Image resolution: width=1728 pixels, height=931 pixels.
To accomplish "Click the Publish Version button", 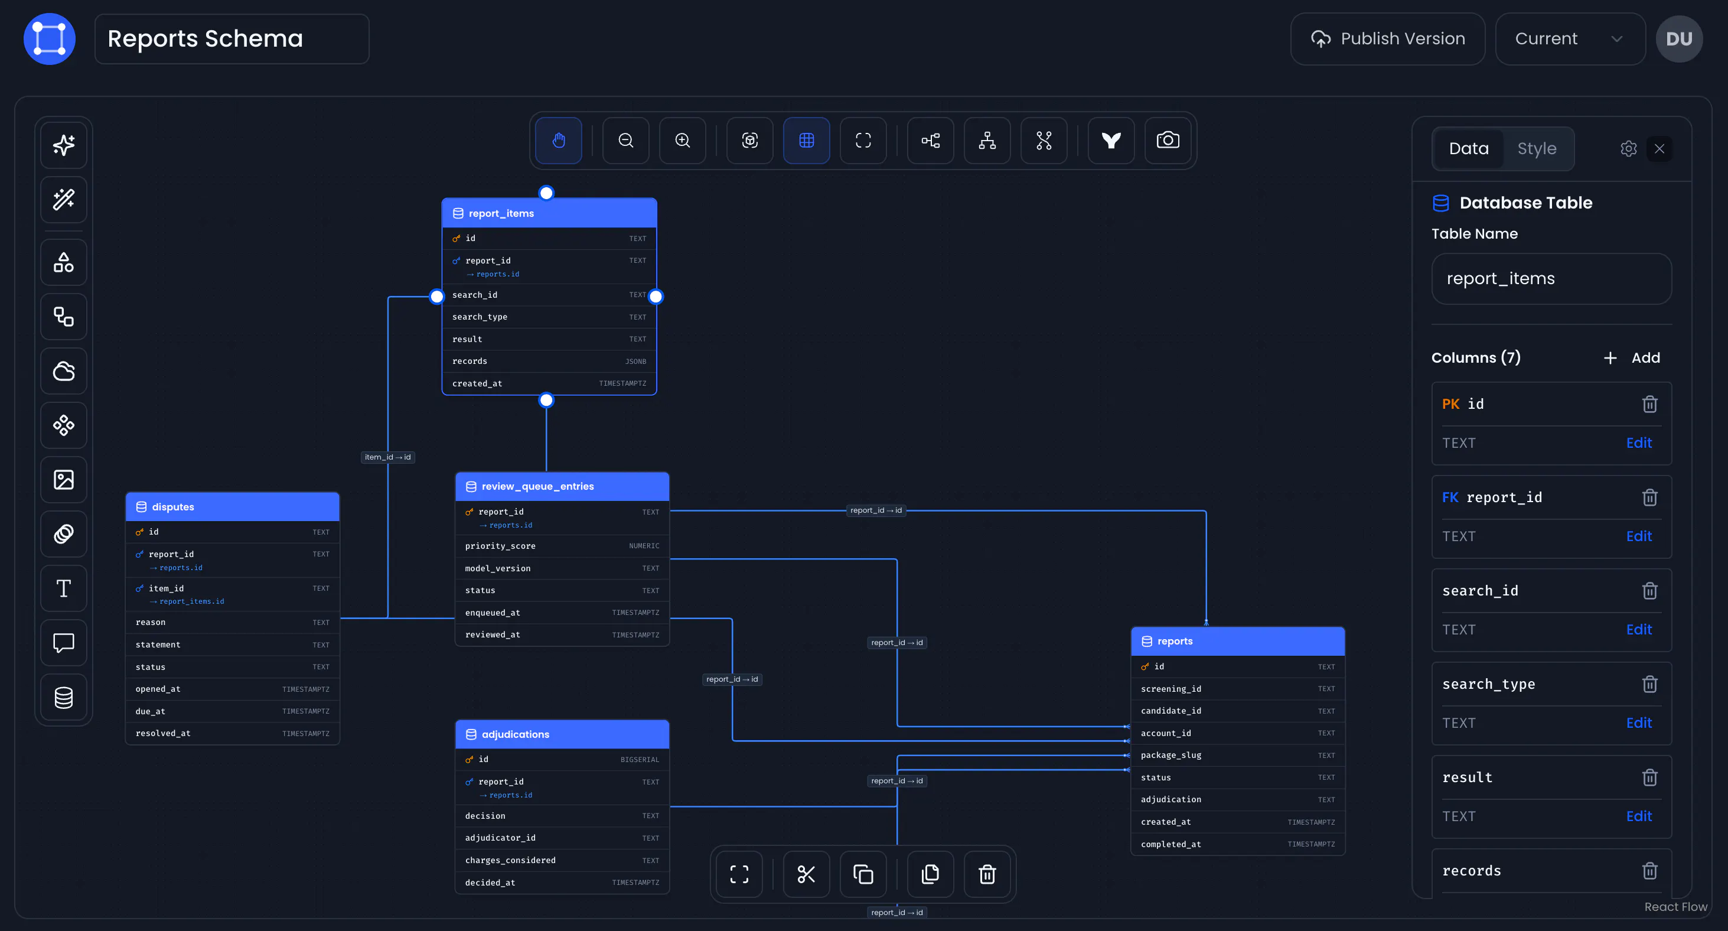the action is (x=1387, y=39).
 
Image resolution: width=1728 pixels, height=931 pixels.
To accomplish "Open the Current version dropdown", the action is (x=1570, y=39).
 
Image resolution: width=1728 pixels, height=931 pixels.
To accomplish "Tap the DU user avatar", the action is (x=1679, y=39).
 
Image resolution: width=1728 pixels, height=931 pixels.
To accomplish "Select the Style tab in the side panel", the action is (x=1537, y=148).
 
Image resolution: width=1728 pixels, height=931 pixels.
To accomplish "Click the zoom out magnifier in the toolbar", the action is (x=626, y=140).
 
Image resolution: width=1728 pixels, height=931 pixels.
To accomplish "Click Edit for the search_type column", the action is (x=1639, y=723).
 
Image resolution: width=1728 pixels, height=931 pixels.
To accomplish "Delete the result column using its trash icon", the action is (x=1649, y=777).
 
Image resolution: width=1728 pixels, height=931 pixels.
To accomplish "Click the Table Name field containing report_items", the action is (x=1551, y=279).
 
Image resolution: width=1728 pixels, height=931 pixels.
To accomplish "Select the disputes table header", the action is (x=232, y=507).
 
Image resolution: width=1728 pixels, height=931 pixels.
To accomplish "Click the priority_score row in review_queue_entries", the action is (x=562, y=546).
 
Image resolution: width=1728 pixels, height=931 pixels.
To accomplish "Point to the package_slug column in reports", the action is (x=1238, y=755).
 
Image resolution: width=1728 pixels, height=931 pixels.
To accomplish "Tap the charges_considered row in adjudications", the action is (x=562, y=860).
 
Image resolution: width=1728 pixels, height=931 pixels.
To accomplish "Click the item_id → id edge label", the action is (x=388, y=457).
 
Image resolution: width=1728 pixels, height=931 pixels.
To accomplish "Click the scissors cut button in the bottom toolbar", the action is (x=806, y=874).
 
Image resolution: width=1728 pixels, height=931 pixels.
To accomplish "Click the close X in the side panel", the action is (x=1659, y=148).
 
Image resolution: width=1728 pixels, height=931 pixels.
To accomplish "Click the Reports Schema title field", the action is (x=232, y=39).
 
